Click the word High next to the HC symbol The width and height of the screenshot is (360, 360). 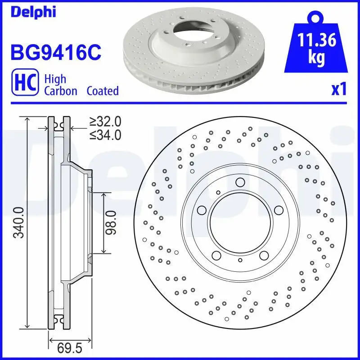pyautogui.click(x=55, y=79)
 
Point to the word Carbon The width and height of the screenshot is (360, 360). pyautogui.click(x=61, y=91)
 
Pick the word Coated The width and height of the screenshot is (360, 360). pyautogui.click(x=103, y=91)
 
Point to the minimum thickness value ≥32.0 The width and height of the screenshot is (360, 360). pyautogui.click(x=105, y=121)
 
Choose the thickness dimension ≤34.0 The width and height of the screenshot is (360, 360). pyautogui.click(x=105, y=134)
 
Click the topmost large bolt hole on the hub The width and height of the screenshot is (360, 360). pyautogui.click(x=240, y=182)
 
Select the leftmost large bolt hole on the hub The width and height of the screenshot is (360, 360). pyautogui.click(x=202, y=210)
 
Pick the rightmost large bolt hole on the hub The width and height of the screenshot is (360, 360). pyautogui.click(x=278, y=210)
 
